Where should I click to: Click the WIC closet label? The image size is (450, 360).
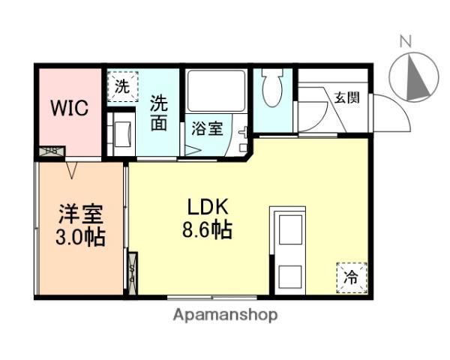(x=69, y=107)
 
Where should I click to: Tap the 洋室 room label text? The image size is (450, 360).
(x=81, y=214)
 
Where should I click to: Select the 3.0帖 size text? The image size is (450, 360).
(x=81, y=238)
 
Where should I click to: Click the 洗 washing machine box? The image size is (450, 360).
(x=121, y=85)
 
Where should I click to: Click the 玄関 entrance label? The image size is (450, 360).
(x=346, y=96)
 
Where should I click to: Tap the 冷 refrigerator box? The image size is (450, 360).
(x=351, y=276)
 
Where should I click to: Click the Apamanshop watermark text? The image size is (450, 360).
(x=225, y=315)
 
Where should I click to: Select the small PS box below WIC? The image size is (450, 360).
(x=51, y=151)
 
